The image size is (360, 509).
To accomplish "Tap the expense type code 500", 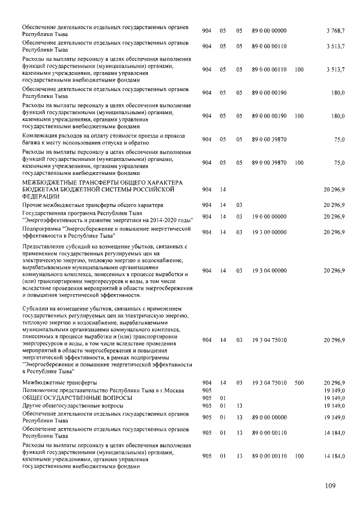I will coord(299,382).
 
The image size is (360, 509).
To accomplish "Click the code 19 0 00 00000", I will coord(269,217).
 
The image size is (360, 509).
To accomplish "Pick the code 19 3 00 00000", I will coord(269,232).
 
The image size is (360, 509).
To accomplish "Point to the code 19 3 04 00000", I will coord(269,271).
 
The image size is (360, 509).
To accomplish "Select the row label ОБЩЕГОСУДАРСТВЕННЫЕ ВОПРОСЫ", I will coord(62,398).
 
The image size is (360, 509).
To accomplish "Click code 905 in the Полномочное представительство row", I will coord(206,390).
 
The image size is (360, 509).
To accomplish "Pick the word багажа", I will coord(32,143).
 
